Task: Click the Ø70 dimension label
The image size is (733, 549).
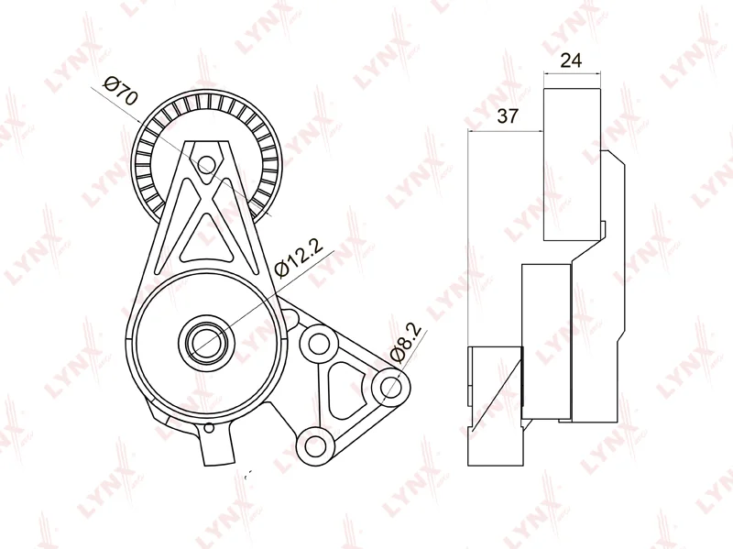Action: coord(121,92)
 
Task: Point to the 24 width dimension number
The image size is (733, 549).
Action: coord(572,62)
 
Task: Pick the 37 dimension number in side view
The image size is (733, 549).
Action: coord(506,116)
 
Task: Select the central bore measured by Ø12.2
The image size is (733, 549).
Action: coord(203,342)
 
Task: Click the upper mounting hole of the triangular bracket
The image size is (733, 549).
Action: coord(319,344)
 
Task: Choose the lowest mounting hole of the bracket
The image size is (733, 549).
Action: coord(315,446)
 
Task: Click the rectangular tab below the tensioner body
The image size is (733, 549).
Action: coord(217,448)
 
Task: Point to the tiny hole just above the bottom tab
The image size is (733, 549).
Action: coord(209,427)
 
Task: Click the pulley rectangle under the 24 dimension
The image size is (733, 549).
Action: coord(572,165)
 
